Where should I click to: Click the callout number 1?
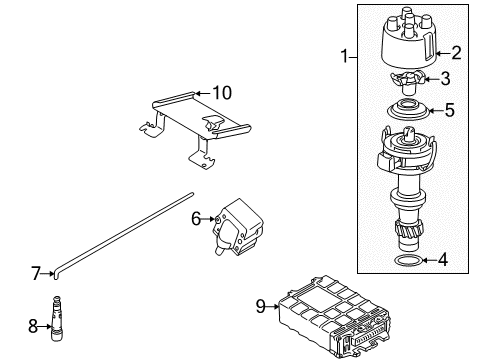(x=345, y=56)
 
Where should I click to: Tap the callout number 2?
(x=457, y=53)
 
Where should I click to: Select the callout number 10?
(x=222, y=93)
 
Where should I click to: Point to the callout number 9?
(x=261, y=306)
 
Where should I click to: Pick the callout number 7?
(x=36, y=273)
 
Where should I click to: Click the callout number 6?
(x=196, y=219)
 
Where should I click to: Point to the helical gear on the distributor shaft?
(x=409, y=230)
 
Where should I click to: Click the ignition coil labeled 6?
(x=238, y=227)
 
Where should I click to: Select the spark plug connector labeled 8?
(x=56, y=318)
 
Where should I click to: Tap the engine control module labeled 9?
(x=334, y=317)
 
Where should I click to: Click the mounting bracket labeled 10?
(x=195, y=130)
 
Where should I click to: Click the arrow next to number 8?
(x=45, y=326)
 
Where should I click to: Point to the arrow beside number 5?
(x=435, y=110)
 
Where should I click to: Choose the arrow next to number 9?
(x=273, y=306)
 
